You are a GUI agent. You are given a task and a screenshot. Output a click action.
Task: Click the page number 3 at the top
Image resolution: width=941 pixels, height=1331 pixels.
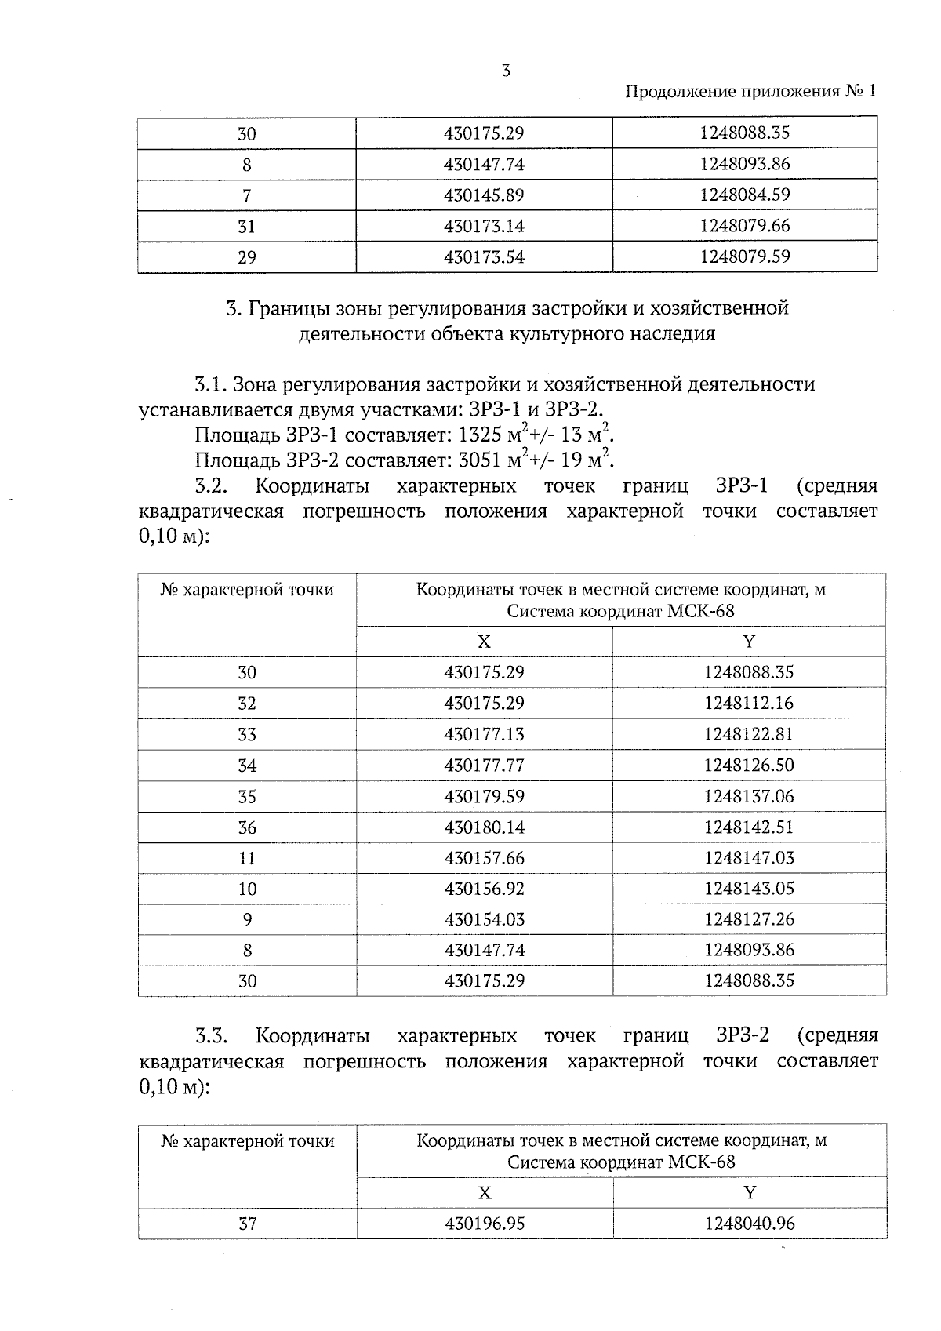pos(506,71)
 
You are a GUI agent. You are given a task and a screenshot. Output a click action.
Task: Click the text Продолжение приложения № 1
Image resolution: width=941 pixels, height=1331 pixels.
pos(750,92)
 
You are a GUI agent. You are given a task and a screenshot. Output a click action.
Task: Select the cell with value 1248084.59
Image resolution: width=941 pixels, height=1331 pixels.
pos(745,195)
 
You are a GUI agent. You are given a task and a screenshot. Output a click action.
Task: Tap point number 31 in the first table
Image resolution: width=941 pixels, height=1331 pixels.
pos(246,227)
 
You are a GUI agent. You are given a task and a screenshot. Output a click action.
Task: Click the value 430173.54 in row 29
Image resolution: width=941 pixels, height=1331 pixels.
pos(484,257)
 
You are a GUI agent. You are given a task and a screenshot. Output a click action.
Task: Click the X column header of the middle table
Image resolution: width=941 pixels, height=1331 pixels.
pos(484,642)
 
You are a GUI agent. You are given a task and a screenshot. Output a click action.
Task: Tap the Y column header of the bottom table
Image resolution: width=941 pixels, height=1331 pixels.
pos(750,1193)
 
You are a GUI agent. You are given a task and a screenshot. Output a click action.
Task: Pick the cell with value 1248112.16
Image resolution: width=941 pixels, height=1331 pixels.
pos(749,704)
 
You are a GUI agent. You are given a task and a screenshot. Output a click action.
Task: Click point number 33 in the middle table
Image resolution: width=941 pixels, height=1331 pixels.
pos(247,735)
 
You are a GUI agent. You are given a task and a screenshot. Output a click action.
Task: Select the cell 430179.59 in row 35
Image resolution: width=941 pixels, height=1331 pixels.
pos(484,797)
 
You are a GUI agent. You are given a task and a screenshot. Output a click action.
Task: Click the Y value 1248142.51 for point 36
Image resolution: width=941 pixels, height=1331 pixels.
pos(749,827)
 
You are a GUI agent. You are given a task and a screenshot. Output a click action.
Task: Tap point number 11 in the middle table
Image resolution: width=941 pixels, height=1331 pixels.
pos(247,858)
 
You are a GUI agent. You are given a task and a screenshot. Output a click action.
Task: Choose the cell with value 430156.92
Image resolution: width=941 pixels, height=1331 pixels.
pos(484,889)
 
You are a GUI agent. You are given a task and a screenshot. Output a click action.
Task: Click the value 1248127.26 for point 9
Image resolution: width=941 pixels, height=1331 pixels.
pos(749,919)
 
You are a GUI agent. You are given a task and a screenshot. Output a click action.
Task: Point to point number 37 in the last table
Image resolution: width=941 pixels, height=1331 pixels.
pos(247,1224)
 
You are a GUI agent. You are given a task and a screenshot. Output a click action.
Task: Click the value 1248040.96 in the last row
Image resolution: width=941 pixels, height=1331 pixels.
pos(749,1224)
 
